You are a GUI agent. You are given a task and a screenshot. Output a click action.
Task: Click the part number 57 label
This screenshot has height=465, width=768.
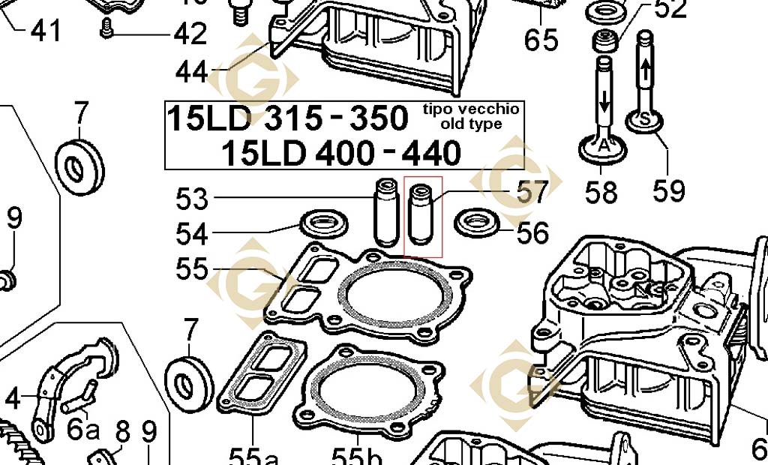tap(533, 193)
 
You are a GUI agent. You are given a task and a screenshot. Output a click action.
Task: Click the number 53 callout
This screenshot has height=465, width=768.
tap(192, 199)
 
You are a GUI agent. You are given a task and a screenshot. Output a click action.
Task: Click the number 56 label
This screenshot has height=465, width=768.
tap(533, 232)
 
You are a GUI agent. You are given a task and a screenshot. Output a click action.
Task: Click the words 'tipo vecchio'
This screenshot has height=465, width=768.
tap(470, 109)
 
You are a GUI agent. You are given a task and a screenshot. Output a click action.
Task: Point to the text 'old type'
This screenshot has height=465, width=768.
tap(472, 124)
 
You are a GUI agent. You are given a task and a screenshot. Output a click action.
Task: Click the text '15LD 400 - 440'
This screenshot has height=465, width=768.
tap(340, 153)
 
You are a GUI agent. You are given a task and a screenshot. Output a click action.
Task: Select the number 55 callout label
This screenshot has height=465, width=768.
tap(192, 268)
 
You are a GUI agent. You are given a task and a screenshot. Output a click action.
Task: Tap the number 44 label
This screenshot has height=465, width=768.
tap(192, 72)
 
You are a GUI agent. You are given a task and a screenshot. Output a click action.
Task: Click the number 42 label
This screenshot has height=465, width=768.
tap(190, 34)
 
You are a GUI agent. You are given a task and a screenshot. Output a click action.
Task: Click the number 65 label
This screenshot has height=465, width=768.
tap(541, 39)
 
